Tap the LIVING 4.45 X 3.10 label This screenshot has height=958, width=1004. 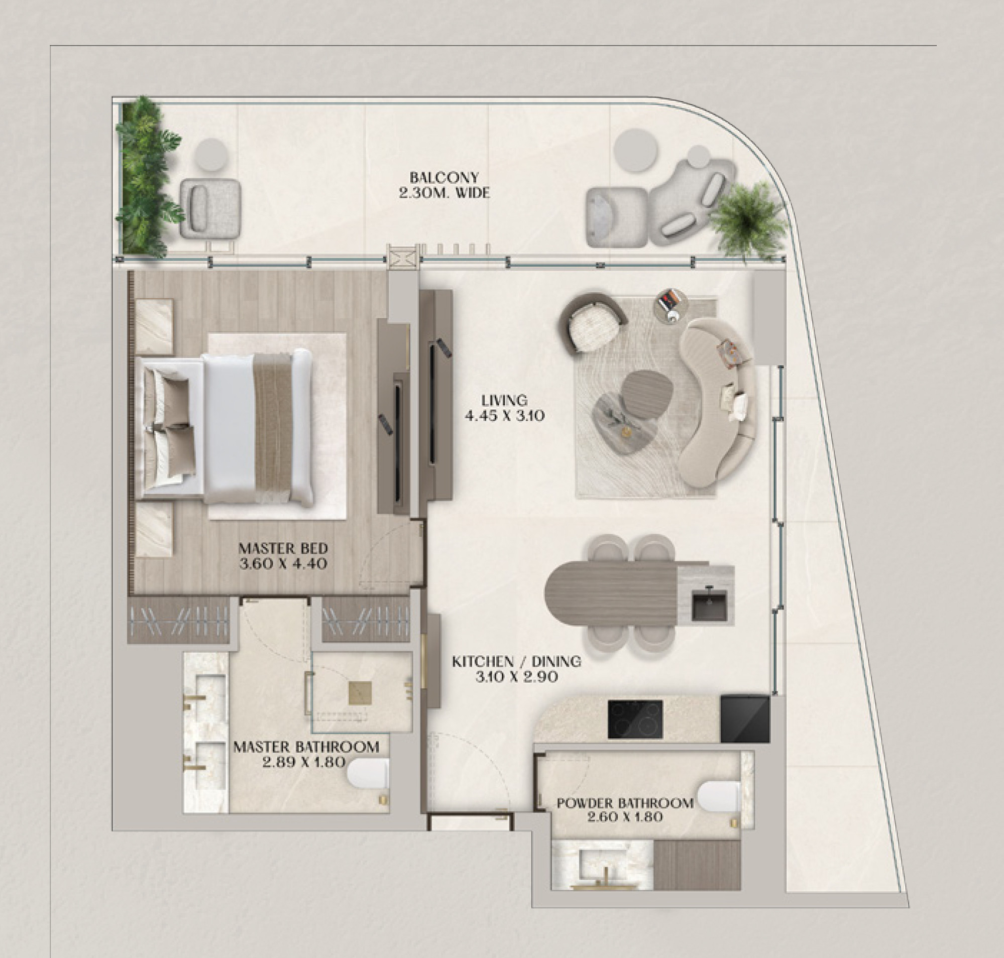pyautogui.click(x=504, y=408)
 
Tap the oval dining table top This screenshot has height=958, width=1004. pyautogui.click(x=613, y=594)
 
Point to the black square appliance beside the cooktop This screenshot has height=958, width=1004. pyautogui.click(x=744, y=719)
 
